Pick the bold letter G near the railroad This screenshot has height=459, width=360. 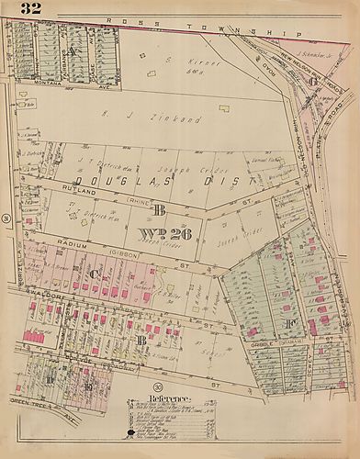tap(313, 82)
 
